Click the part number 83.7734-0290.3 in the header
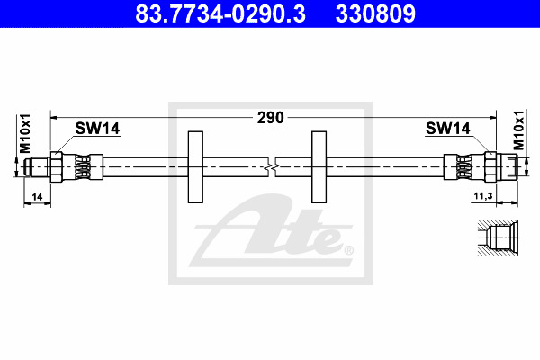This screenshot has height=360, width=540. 220,13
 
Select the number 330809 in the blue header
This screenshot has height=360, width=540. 375,13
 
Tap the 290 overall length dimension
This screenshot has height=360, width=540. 271,118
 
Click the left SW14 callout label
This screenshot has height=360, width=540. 97,129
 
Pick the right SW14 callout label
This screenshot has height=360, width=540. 447,129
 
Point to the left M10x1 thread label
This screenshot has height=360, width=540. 25,134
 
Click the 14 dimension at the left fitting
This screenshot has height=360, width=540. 37,197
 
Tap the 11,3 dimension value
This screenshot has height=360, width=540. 483,196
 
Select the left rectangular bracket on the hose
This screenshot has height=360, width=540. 195,166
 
